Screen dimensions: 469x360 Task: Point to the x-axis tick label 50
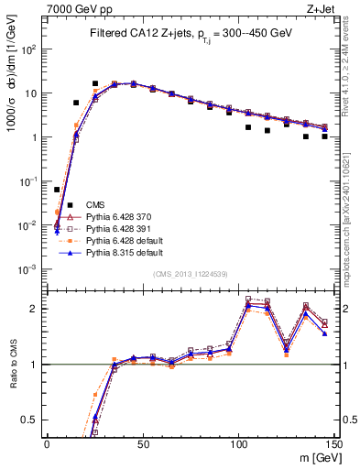[x=142, y=443]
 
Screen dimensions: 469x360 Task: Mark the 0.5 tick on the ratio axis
[x=30, y=420]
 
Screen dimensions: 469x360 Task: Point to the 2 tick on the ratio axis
[x=35, y=309]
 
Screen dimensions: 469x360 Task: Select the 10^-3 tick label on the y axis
[x=28, y=269]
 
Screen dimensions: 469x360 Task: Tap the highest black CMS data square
[x=94, y=83]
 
